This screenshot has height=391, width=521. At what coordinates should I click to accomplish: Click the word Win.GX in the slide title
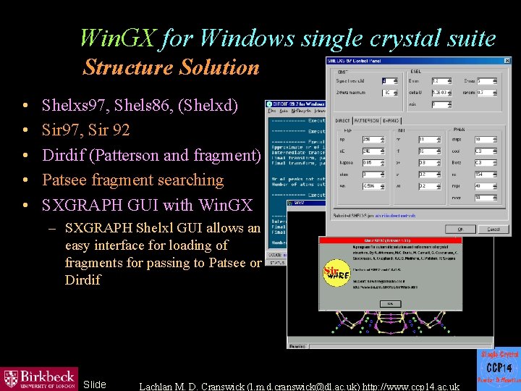tap(117, 37)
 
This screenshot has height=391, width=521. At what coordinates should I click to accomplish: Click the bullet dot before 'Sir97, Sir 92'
tap(25, 131)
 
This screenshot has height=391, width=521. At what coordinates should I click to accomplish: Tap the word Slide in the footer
tap(95, 384)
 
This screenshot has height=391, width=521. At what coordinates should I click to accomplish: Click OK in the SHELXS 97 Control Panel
tap(459, 230)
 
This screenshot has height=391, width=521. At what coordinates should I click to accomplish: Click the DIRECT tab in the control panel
tap(342, 119)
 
